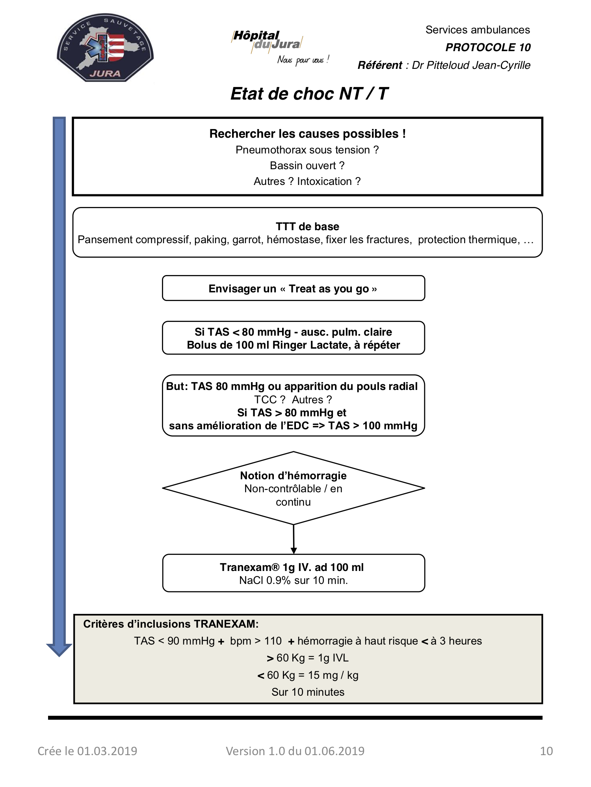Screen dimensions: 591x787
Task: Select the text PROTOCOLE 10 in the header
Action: [x=488, y=48]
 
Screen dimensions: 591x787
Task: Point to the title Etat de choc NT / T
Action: [x=309, y=94]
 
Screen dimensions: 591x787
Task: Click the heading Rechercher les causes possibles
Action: [x=307, y=134]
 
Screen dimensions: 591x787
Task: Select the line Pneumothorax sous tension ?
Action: [x=307, y=150]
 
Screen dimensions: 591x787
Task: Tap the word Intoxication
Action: [x=324, y=181]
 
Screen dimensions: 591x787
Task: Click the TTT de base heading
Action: [x=307, y=227]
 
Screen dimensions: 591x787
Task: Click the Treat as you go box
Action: [x=294, y=288]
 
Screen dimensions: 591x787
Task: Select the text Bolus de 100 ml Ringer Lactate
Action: [x=268, y=345]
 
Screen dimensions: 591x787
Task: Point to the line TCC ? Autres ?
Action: [x=293, y=400]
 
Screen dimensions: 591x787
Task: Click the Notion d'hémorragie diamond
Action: [x=294, y=488]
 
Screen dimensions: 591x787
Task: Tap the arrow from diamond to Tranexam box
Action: [x=294, y=539]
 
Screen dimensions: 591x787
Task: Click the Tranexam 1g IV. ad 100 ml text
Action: [x=292, y=567]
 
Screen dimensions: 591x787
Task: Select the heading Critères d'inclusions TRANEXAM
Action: [x=171, y=624]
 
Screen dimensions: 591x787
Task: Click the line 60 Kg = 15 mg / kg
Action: [x=308, y=675]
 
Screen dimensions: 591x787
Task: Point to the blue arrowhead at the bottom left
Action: [x=59, y=650]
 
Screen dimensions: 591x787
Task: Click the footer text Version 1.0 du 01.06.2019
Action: [x=295, y=751]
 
